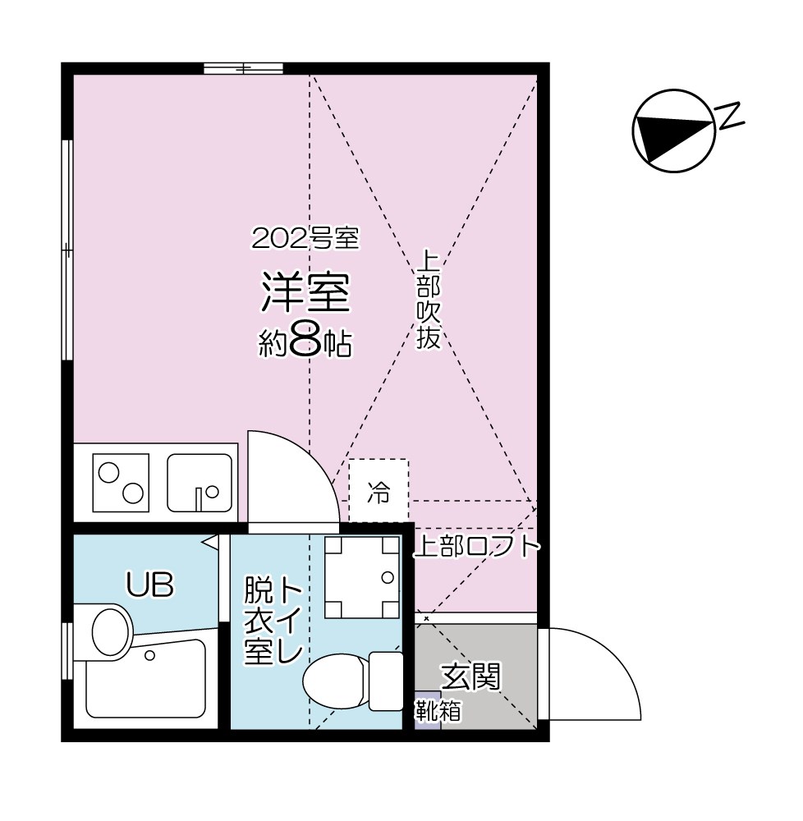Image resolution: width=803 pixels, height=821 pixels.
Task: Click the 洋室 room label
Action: pos(305,293)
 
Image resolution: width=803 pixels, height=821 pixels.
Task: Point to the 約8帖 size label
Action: pos(305,343)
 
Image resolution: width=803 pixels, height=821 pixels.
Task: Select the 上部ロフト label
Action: pos(476,547)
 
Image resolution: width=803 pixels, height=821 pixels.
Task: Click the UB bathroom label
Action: pos(149,585)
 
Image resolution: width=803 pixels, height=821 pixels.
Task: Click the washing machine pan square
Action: pos(361,577)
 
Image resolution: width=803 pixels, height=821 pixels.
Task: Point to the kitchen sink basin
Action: pos(200,483)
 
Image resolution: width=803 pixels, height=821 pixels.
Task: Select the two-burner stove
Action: pos(121,482)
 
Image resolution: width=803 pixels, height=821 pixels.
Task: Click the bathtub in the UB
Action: pos(146,681)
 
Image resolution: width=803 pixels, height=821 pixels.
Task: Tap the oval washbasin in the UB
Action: pos(112,631)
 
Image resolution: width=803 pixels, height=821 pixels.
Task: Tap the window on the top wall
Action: pos(243,68)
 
